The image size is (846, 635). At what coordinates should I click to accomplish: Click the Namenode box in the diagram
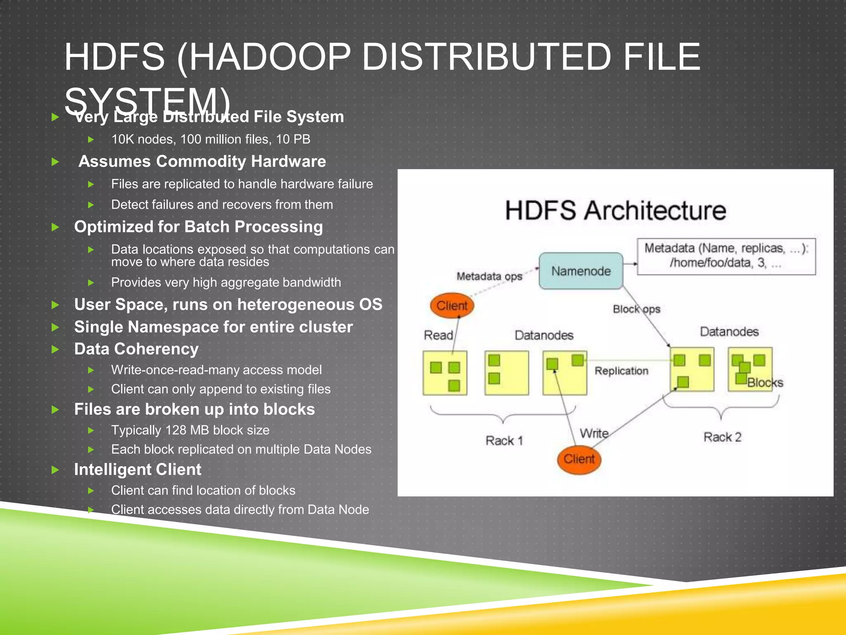point(581,271)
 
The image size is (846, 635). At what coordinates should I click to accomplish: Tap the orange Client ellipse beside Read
point(452,306)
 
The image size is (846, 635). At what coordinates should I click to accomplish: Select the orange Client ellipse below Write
point(579,459)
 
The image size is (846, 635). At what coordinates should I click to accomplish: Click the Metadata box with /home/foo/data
point(726,256)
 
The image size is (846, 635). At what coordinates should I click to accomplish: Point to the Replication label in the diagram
point(621,371)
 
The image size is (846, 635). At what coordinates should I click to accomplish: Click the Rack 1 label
point(504,441)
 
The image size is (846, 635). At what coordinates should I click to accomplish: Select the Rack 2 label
point(722,437)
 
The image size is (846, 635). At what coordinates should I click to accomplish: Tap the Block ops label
point(636,309)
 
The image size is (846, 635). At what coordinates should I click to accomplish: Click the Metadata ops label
point(489,276)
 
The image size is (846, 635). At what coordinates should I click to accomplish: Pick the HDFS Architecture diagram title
point(615,210)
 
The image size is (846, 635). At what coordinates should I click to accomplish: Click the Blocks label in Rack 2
point(765,383)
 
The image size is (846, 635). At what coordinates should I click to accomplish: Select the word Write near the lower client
point(594,433)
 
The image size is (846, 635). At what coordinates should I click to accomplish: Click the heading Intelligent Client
point(138,470)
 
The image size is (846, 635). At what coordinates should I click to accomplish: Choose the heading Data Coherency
point(136,349)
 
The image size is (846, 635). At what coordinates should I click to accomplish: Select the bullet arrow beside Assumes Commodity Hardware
point(55,162)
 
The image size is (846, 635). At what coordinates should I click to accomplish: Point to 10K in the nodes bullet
point(123,139)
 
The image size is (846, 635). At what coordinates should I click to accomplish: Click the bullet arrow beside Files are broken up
point(55,410)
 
